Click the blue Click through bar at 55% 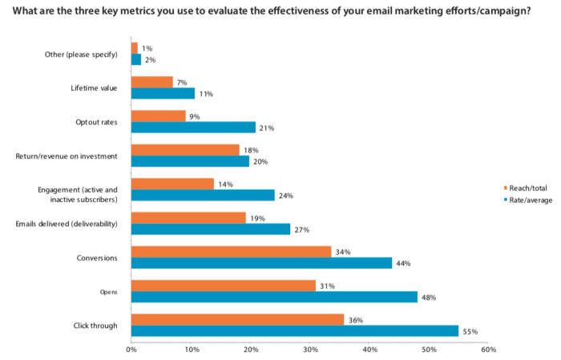(294, 330)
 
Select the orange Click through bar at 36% (237, 319)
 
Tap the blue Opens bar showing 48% (273, 297)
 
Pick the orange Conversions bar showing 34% (231, 252)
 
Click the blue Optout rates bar (192, 127)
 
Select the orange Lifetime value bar (151, 82)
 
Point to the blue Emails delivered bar (210, 229)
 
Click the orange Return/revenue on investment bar (184, 150)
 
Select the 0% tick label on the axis (131, 350)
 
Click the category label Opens (108, 292)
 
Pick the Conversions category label (96, 257)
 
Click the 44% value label (403, 264)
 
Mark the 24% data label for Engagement (285, 196)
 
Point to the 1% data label (147, 47)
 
